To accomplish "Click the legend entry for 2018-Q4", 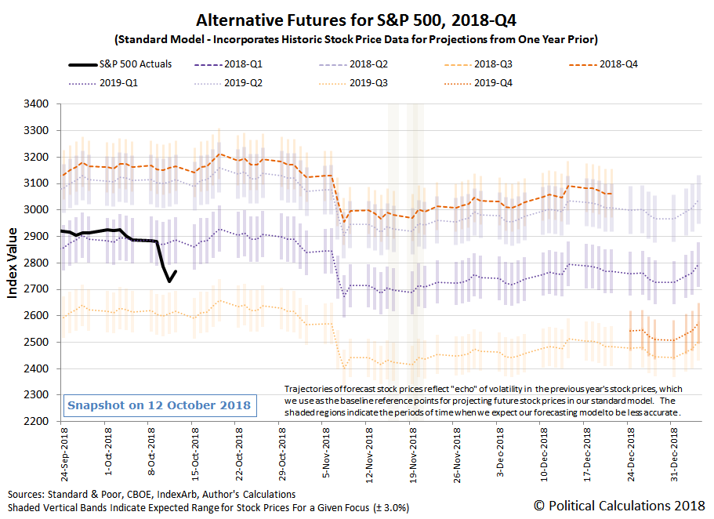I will (615, 64).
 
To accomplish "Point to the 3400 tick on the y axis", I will (37, 104).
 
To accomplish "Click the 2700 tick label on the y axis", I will (37, 289).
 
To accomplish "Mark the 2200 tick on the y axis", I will (37, 422).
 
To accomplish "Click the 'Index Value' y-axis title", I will (13, 262).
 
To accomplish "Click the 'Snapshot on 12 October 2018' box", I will (159, 405).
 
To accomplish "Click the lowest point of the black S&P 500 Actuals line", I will (169, 281).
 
